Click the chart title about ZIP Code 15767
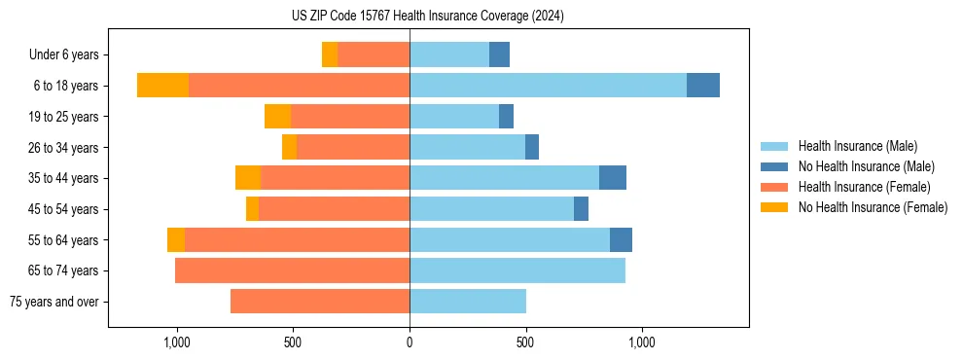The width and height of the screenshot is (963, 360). pyautogui.click(x=427, y=16)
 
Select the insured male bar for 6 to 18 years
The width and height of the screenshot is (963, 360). pyautogui.click(x=548, y=86)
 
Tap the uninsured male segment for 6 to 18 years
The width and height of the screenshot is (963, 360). pyautogui.click(x=703, y=86)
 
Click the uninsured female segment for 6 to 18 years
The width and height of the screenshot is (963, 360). pyautogui.click(x=162, y=86)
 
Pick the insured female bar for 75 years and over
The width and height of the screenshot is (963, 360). pyautogui.click(x=320, y=302)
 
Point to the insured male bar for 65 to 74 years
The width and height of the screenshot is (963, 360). pyautogui.click(x=517, y=270)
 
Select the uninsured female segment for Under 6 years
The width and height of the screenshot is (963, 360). pyautogui.click(x=330, y=54)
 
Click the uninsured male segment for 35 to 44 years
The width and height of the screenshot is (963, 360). pyautogui.click(x=613, y=178)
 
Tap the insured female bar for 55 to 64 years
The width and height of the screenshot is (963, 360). pyautogui.click(x=297, y=239)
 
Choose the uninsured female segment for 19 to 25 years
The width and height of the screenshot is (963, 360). pyautogui.click(x=277, y=117)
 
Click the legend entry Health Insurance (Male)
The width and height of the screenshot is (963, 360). pyautogui.click(x=857, y=146)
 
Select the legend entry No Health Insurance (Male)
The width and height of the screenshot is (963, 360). pyautogui.click(x=866, y=166)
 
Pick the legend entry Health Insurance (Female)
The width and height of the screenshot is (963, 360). pyautogui.click(x=864, y=187)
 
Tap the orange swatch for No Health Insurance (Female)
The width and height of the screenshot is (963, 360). pyautogui.click(x=774, y=207)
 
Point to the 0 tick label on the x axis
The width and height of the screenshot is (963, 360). pyautogui.click(x=410, y=342)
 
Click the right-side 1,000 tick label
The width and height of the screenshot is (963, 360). pyautogui.click(x=642, y=342)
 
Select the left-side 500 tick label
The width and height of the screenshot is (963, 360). pyautogui.click(x=293, y=342)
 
